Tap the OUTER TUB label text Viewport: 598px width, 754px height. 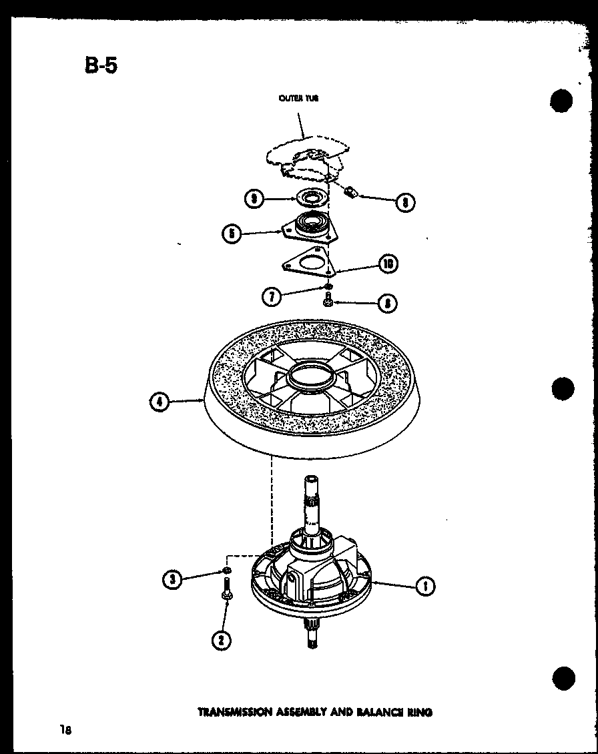(298, 98)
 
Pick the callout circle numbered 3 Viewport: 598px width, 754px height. (172, 579)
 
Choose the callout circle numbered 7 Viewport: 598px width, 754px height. (271, 296)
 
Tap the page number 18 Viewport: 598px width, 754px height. (65, 729)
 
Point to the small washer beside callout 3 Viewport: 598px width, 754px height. (228, 571)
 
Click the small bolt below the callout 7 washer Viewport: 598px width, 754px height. (328, 302)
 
